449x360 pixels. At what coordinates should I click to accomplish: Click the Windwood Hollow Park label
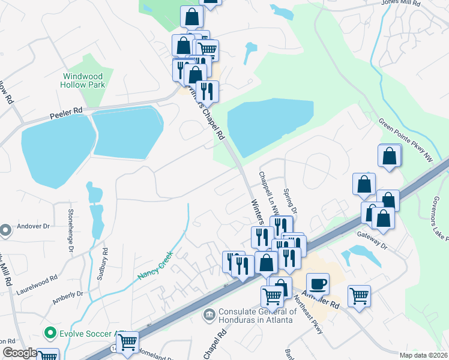pos(82,80)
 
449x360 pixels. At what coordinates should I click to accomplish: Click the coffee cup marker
pos(318,283)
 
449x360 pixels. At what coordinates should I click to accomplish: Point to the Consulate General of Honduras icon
pos(209,313)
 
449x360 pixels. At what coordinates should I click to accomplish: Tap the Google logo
pos(20,353)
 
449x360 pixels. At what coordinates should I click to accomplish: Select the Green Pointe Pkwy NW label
pos(405,139)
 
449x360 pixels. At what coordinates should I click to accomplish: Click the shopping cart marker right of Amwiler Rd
pos(359,295)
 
